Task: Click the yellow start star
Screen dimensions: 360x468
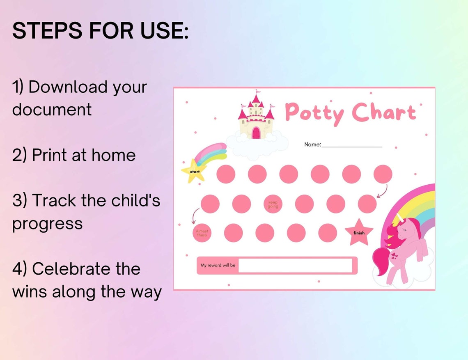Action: (194, 171)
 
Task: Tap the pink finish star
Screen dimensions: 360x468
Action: (359, 233)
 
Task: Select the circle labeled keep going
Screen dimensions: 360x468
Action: (273, 204)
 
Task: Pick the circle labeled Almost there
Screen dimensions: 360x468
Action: (202, 233)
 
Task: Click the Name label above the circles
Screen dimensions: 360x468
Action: (312, 144)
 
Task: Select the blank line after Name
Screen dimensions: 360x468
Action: (352, 146)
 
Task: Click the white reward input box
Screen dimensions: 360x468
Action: (295, 266)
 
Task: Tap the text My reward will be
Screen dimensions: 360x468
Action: (218, 266)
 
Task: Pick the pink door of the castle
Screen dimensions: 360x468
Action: (256, 133)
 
